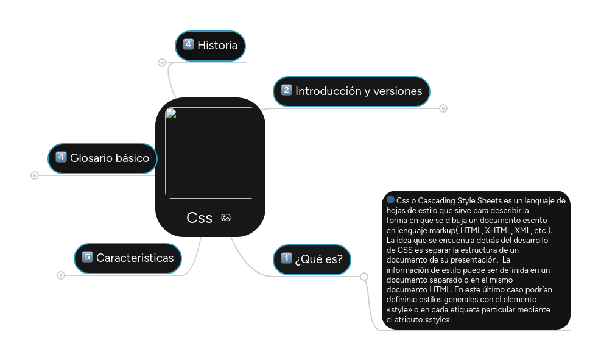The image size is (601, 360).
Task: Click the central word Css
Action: point(199,217)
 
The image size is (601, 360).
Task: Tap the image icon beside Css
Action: point(226,217)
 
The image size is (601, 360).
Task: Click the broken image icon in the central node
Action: point(171,113)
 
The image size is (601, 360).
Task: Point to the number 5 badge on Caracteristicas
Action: point(86,257)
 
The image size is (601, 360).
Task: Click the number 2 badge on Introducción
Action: point(286,91)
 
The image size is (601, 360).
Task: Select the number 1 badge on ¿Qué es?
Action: point(286,258)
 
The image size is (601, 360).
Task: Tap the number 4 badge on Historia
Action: point(188,44)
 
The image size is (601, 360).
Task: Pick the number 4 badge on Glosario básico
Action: point(61,158)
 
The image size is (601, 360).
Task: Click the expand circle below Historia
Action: point(161,62)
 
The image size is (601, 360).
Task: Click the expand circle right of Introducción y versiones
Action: point(443,108)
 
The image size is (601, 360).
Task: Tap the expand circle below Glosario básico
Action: point(34,175)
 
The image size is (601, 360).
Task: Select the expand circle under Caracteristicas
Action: point(60,275)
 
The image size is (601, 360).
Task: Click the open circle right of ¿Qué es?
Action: point(364,277)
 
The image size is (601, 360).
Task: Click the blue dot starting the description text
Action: point(391,200)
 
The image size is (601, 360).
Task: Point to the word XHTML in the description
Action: point(499,230)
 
